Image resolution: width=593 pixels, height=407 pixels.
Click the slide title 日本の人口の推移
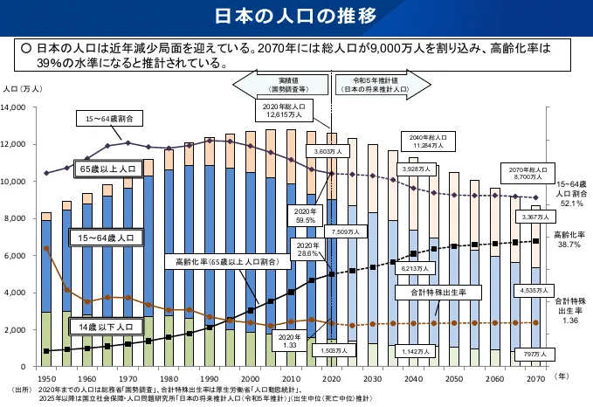pos(296,16)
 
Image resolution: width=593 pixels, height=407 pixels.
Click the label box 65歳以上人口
pos(107,168)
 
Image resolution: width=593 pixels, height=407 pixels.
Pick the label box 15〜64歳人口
pos(107,237)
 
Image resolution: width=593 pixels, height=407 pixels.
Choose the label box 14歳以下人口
pos(107,327)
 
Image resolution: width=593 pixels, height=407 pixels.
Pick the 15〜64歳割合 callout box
pos(102,118)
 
